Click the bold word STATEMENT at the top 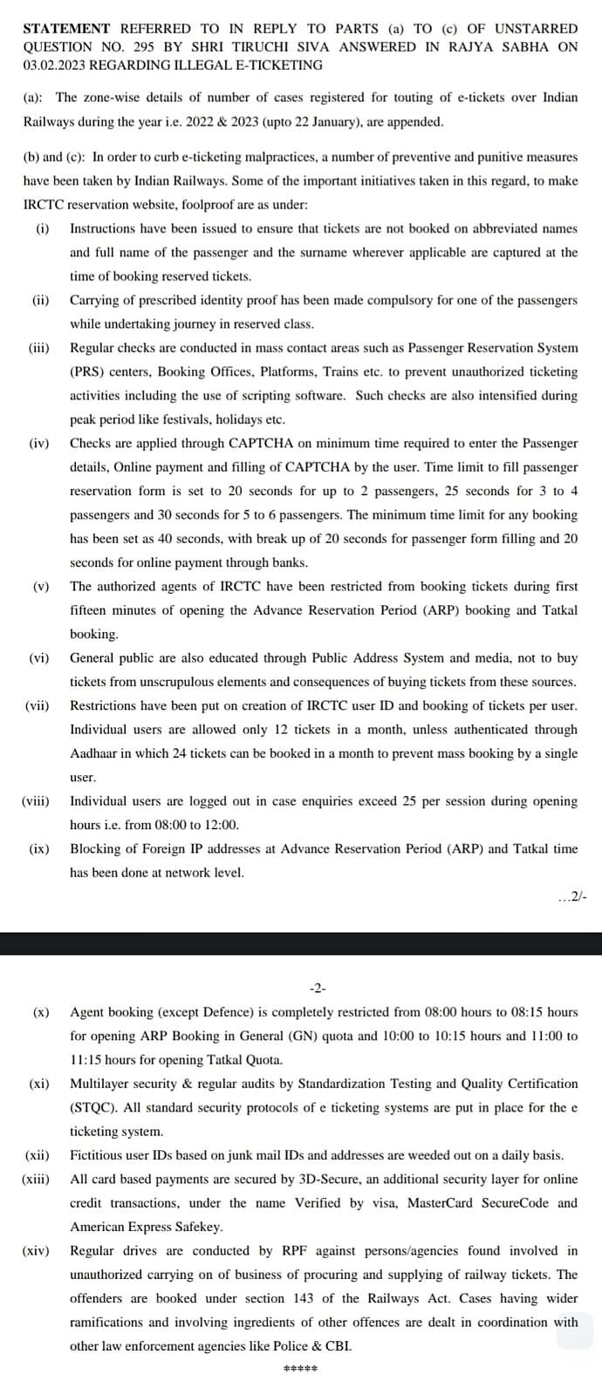(x=66, y=29)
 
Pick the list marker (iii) (x=39, y=348)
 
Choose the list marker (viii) (x=36, y=800)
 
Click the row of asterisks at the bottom (x=301, y=1369)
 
